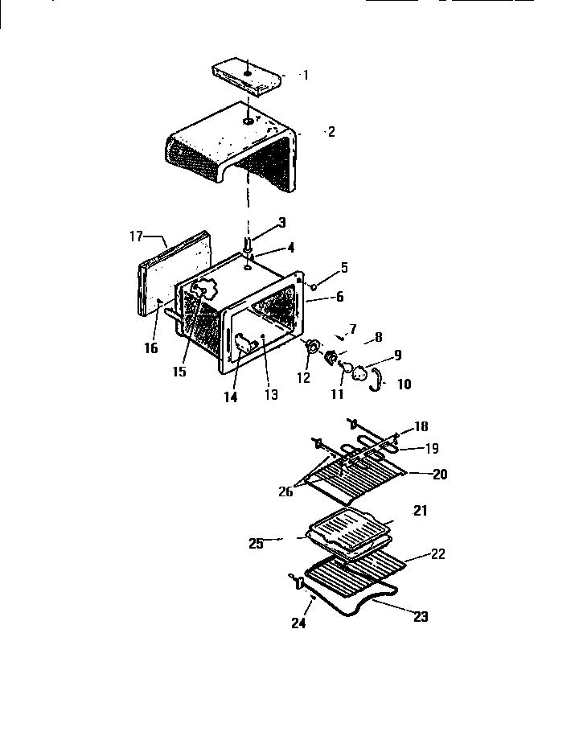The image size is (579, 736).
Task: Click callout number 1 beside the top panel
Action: pos(305,75)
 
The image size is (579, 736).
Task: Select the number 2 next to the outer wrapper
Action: pos(331,132)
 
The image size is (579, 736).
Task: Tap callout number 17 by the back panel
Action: pos(135,236)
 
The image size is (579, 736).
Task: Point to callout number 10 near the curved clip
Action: pos(404,384)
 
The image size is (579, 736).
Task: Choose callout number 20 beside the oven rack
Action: pos(439,474)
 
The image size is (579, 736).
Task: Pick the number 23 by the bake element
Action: pos(420,617)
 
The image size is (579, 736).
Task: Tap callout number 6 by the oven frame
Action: pos(339,296)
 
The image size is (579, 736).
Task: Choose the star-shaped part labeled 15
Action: pos(206,288)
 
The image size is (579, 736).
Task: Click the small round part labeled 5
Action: pos(313,285)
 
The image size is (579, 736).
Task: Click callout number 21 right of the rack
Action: pos(421,511)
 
